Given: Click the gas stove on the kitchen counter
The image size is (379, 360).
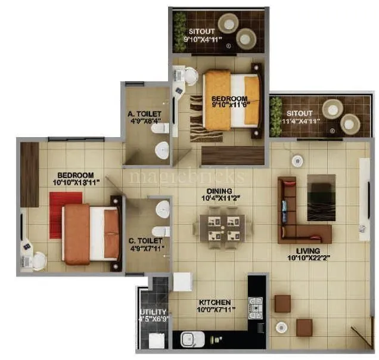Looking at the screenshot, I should [256, 309].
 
